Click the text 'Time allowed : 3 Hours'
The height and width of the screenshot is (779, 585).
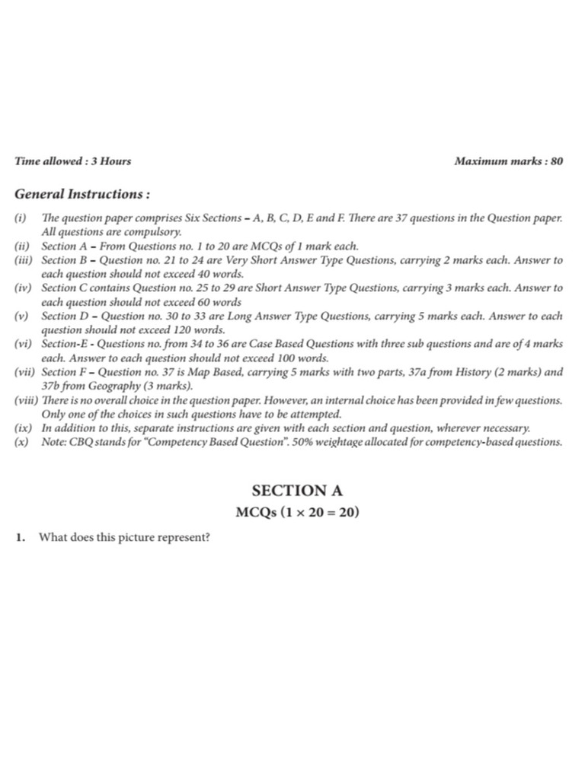[73, 161]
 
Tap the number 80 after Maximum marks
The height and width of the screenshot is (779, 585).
[556, 161]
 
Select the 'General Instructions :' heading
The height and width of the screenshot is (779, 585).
[83, 194]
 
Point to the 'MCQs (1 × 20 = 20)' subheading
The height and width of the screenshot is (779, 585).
[297, 513]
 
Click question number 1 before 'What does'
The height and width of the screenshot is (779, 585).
[21, 538]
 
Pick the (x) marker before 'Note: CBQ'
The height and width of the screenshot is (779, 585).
[21, 443]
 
